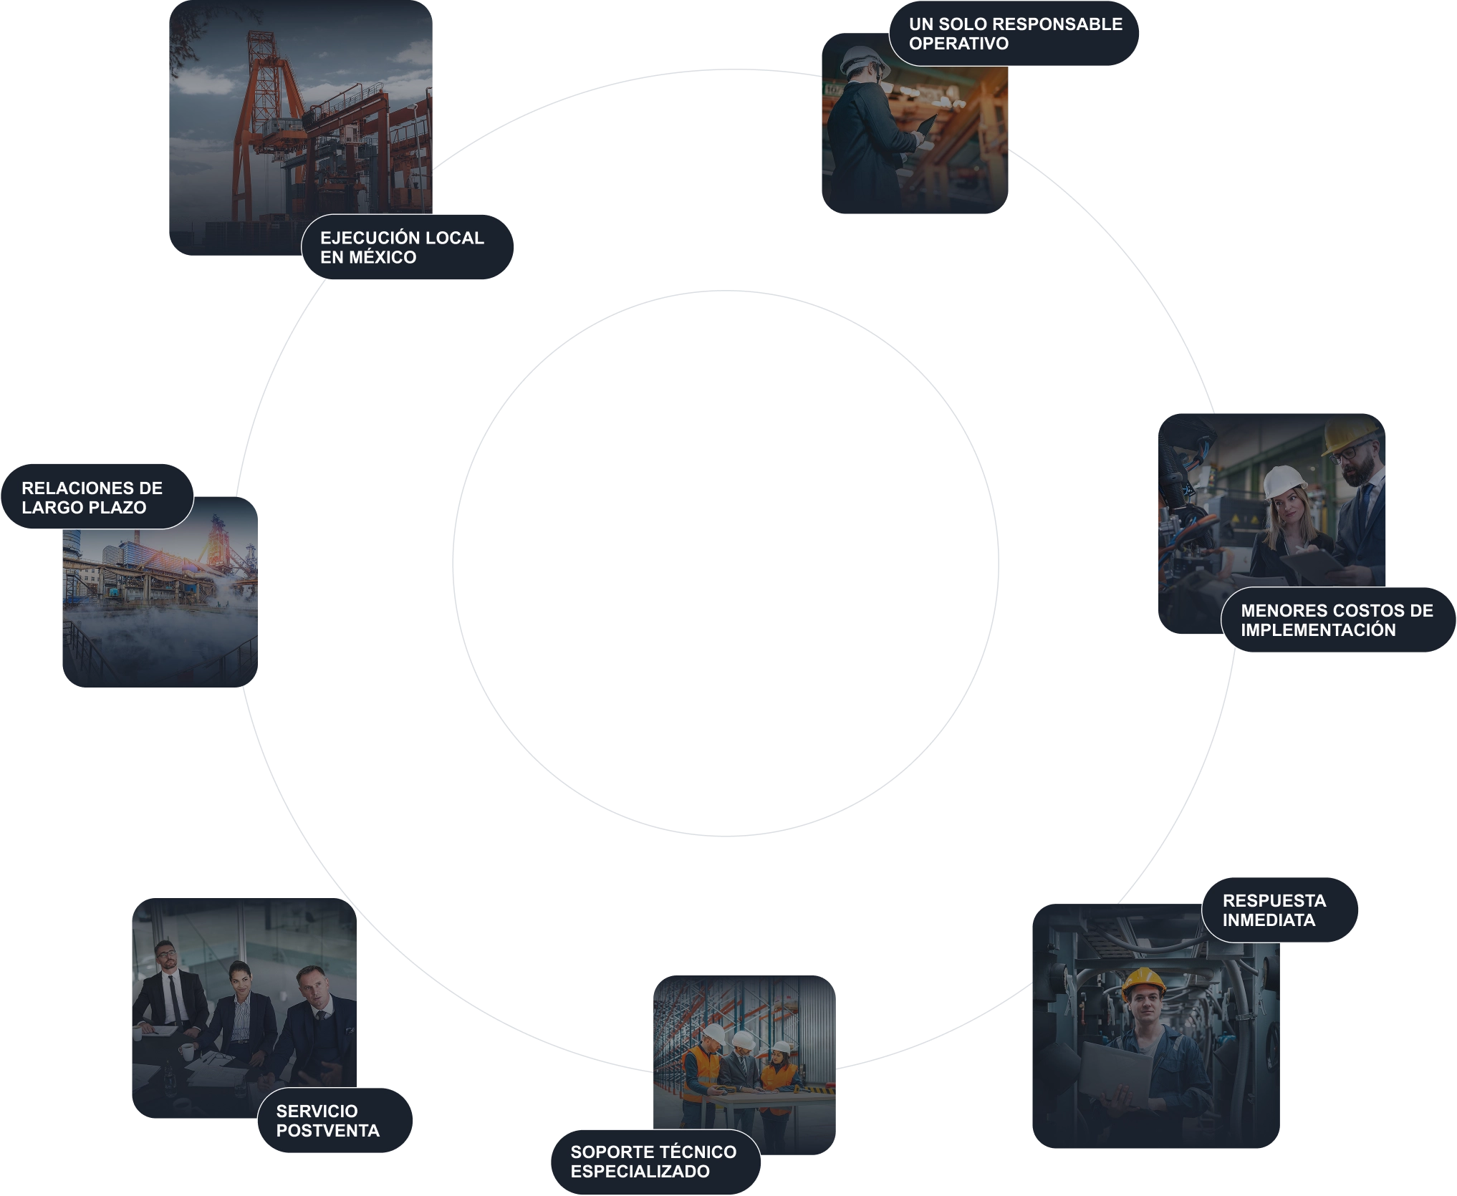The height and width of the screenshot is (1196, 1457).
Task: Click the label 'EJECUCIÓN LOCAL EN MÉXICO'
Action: [407, 247]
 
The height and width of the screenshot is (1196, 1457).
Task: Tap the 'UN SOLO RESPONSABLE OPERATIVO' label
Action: [1014, 34]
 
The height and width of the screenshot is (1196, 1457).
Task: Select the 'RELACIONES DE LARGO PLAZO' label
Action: [97, 497]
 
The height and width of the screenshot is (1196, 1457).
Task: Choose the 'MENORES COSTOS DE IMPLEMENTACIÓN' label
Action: [1338, 620]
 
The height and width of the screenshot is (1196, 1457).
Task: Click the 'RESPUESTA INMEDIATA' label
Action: [1279, 910]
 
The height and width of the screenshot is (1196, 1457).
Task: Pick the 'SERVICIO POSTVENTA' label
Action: [335, 1121]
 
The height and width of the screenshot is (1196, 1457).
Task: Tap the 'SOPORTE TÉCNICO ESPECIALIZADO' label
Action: [655, 1162]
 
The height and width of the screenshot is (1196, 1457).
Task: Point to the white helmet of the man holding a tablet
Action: [865, 62]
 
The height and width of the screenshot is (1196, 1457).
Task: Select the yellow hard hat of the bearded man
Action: [1350, 436]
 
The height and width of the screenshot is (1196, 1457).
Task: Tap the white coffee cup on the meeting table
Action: [186, 1051]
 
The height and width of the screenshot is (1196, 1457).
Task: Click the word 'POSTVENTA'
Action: [328, 1131]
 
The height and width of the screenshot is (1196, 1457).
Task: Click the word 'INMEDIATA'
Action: [1269, 920]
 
